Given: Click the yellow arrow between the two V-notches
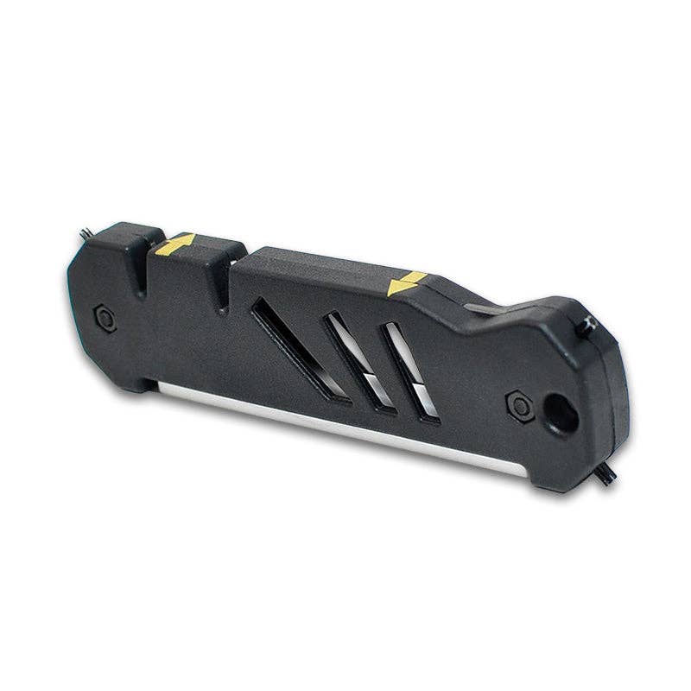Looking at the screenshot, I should [x=174, y=244].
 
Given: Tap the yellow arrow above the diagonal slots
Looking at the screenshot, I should [x=407, y=283].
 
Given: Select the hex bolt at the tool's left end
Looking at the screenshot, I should [x=105, y=318].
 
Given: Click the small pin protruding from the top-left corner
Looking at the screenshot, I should [x=86, y=233].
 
